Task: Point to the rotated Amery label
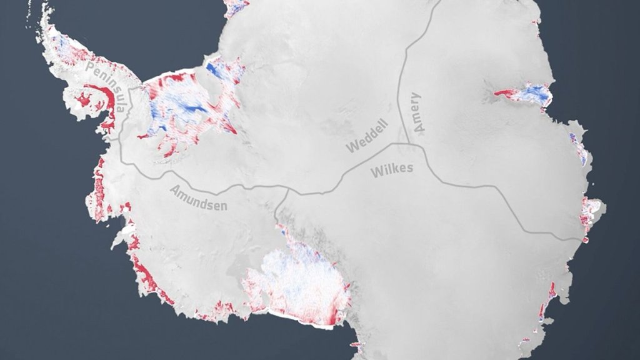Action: point(417,112)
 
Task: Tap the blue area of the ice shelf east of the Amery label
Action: point(535,93)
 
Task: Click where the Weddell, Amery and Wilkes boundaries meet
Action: point(406,144)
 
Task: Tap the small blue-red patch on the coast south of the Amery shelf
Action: point(577,147)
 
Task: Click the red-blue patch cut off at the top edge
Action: point(236,7)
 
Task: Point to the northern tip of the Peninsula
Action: point(44,9)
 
